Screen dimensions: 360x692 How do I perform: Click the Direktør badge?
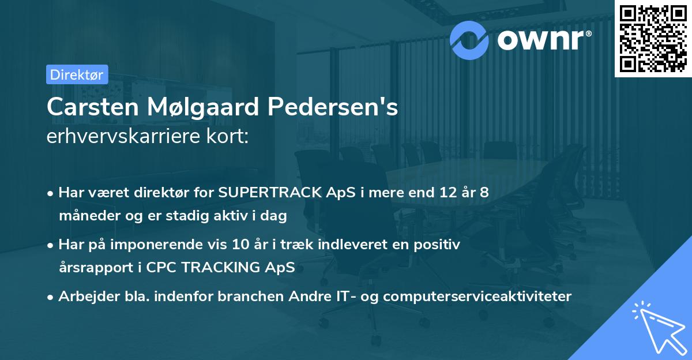click(77, 74)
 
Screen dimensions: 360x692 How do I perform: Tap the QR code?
click(652, 38)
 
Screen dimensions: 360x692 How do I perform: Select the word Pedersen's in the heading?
click(343, 107)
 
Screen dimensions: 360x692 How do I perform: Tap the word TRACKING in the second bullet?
click(216, 268)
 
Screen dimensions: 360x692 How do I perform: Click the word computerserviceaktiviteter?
click(477, 297)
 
